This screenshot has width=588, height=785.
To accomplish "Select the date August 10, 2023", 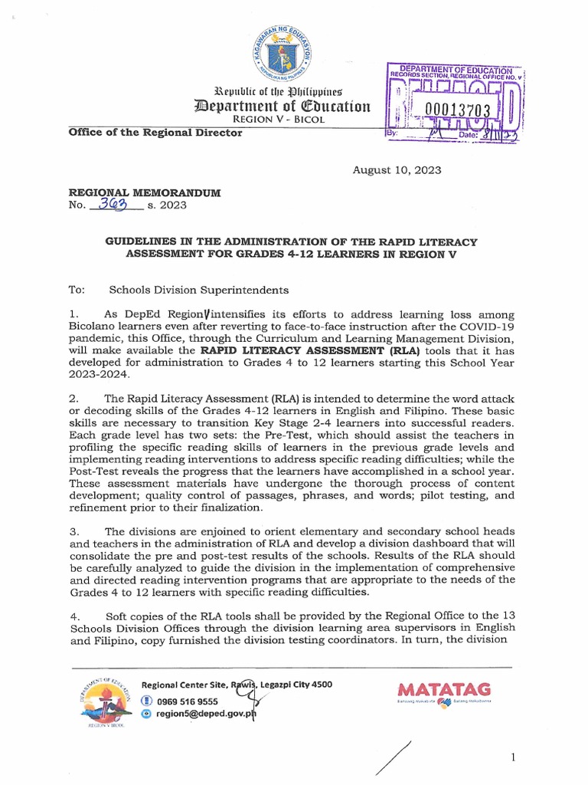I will (396, 170).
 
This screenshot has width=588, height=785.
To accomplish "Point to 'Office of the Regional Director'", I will (155, 132).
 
